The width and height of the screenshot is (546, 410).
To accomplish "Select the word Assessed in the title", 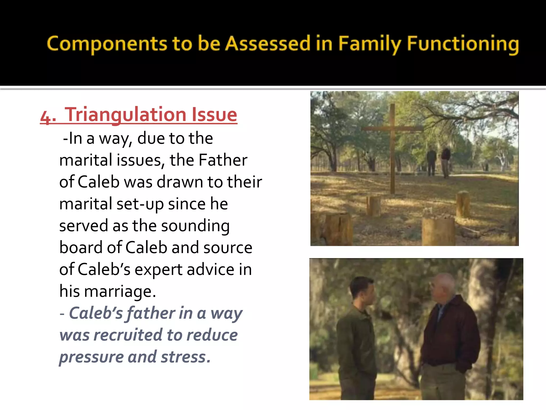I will pyautogui.click(x=268, y=44).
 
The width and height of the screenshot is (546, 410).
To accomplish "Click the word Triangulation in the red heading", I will pyautogui.click(x=125, y=115).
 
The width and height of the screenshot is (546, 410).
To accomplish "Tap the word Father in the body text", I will pyautogui.click(x=223, y=160).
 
